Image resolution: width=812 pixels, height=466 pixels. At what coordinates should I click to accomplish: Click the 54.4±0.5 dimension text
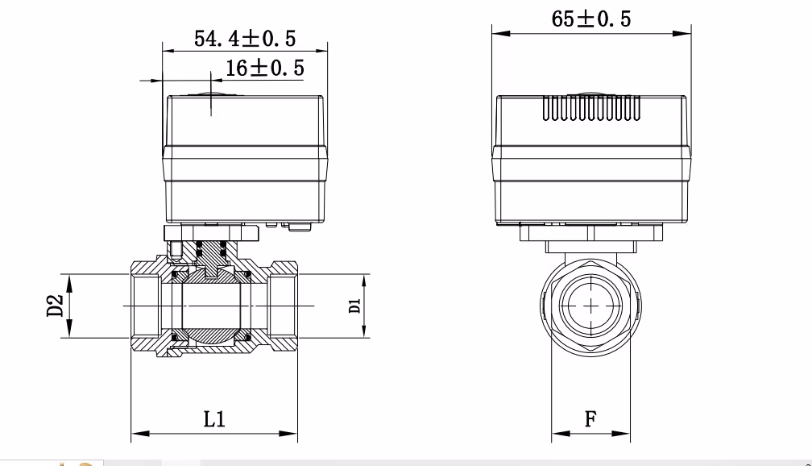point(245,38)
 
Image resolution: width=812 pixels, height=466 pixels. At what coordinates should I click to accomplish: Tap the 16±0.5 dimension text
point(264,69)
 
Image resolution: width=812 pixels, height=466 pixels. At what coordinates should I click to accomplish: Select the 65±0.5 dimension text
point(591,19)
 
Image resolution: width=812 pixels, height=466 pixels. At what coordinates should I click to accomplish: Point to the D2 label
point(54,306)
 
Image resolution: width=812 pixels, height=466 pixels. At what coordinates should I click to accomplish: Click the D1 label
point(354,306)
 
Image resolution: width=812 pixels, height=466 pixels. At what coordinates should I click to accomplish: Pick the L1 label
point(214,419)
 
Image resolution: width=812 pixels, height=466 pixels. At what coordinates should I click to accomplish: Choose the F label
point(590,419)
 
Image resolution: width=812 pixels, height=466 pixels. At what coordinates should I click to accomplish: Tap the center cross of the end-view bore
point(591,306)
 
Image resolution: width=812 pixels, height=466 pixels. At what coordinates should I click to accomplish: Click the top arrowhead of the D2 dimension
point(71,281)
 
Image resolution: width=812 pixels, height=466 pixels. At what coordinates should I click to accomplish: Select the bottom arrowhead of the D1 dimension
point(365,331)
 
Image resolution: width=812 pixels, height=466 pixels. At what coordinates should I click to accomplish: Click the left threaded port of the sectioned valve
point(146,306)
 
